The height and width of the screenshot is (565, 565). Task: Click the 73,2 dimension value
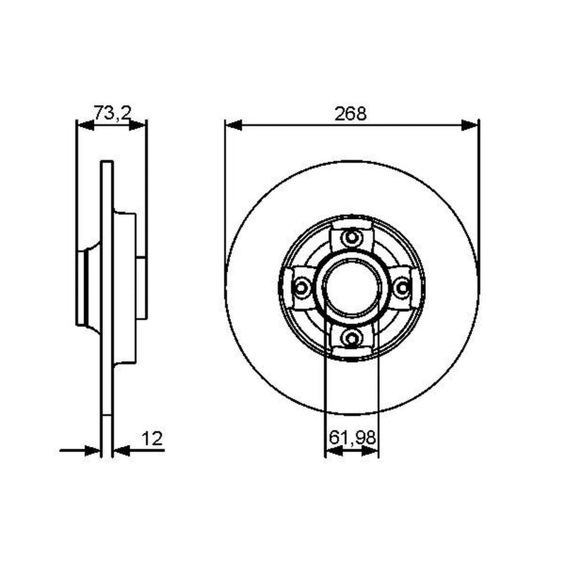click(112, 113)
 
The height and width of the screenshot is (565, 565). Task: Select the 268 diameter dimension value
click(350, 114)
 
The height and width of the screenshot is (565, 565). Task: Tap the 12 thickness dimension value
click(152, 439)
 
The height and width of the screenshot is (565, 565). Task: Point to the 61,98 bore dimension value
click(352, 438)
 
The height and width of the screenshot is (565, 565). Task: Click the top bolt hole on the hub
click(351, 237)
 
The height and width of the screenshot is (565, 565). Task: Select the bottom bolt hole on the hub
click(351, 338)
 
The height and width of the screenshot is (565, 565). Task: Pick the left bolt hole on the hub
click(301, 287)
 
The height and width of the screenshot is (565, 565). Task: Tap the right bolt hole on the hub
click(402, 287)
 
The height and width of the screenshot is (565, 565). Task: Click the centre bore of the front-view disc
click(351, 287)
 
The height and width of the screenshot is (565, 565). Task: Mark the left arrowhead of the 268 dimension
click(234, 126)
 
